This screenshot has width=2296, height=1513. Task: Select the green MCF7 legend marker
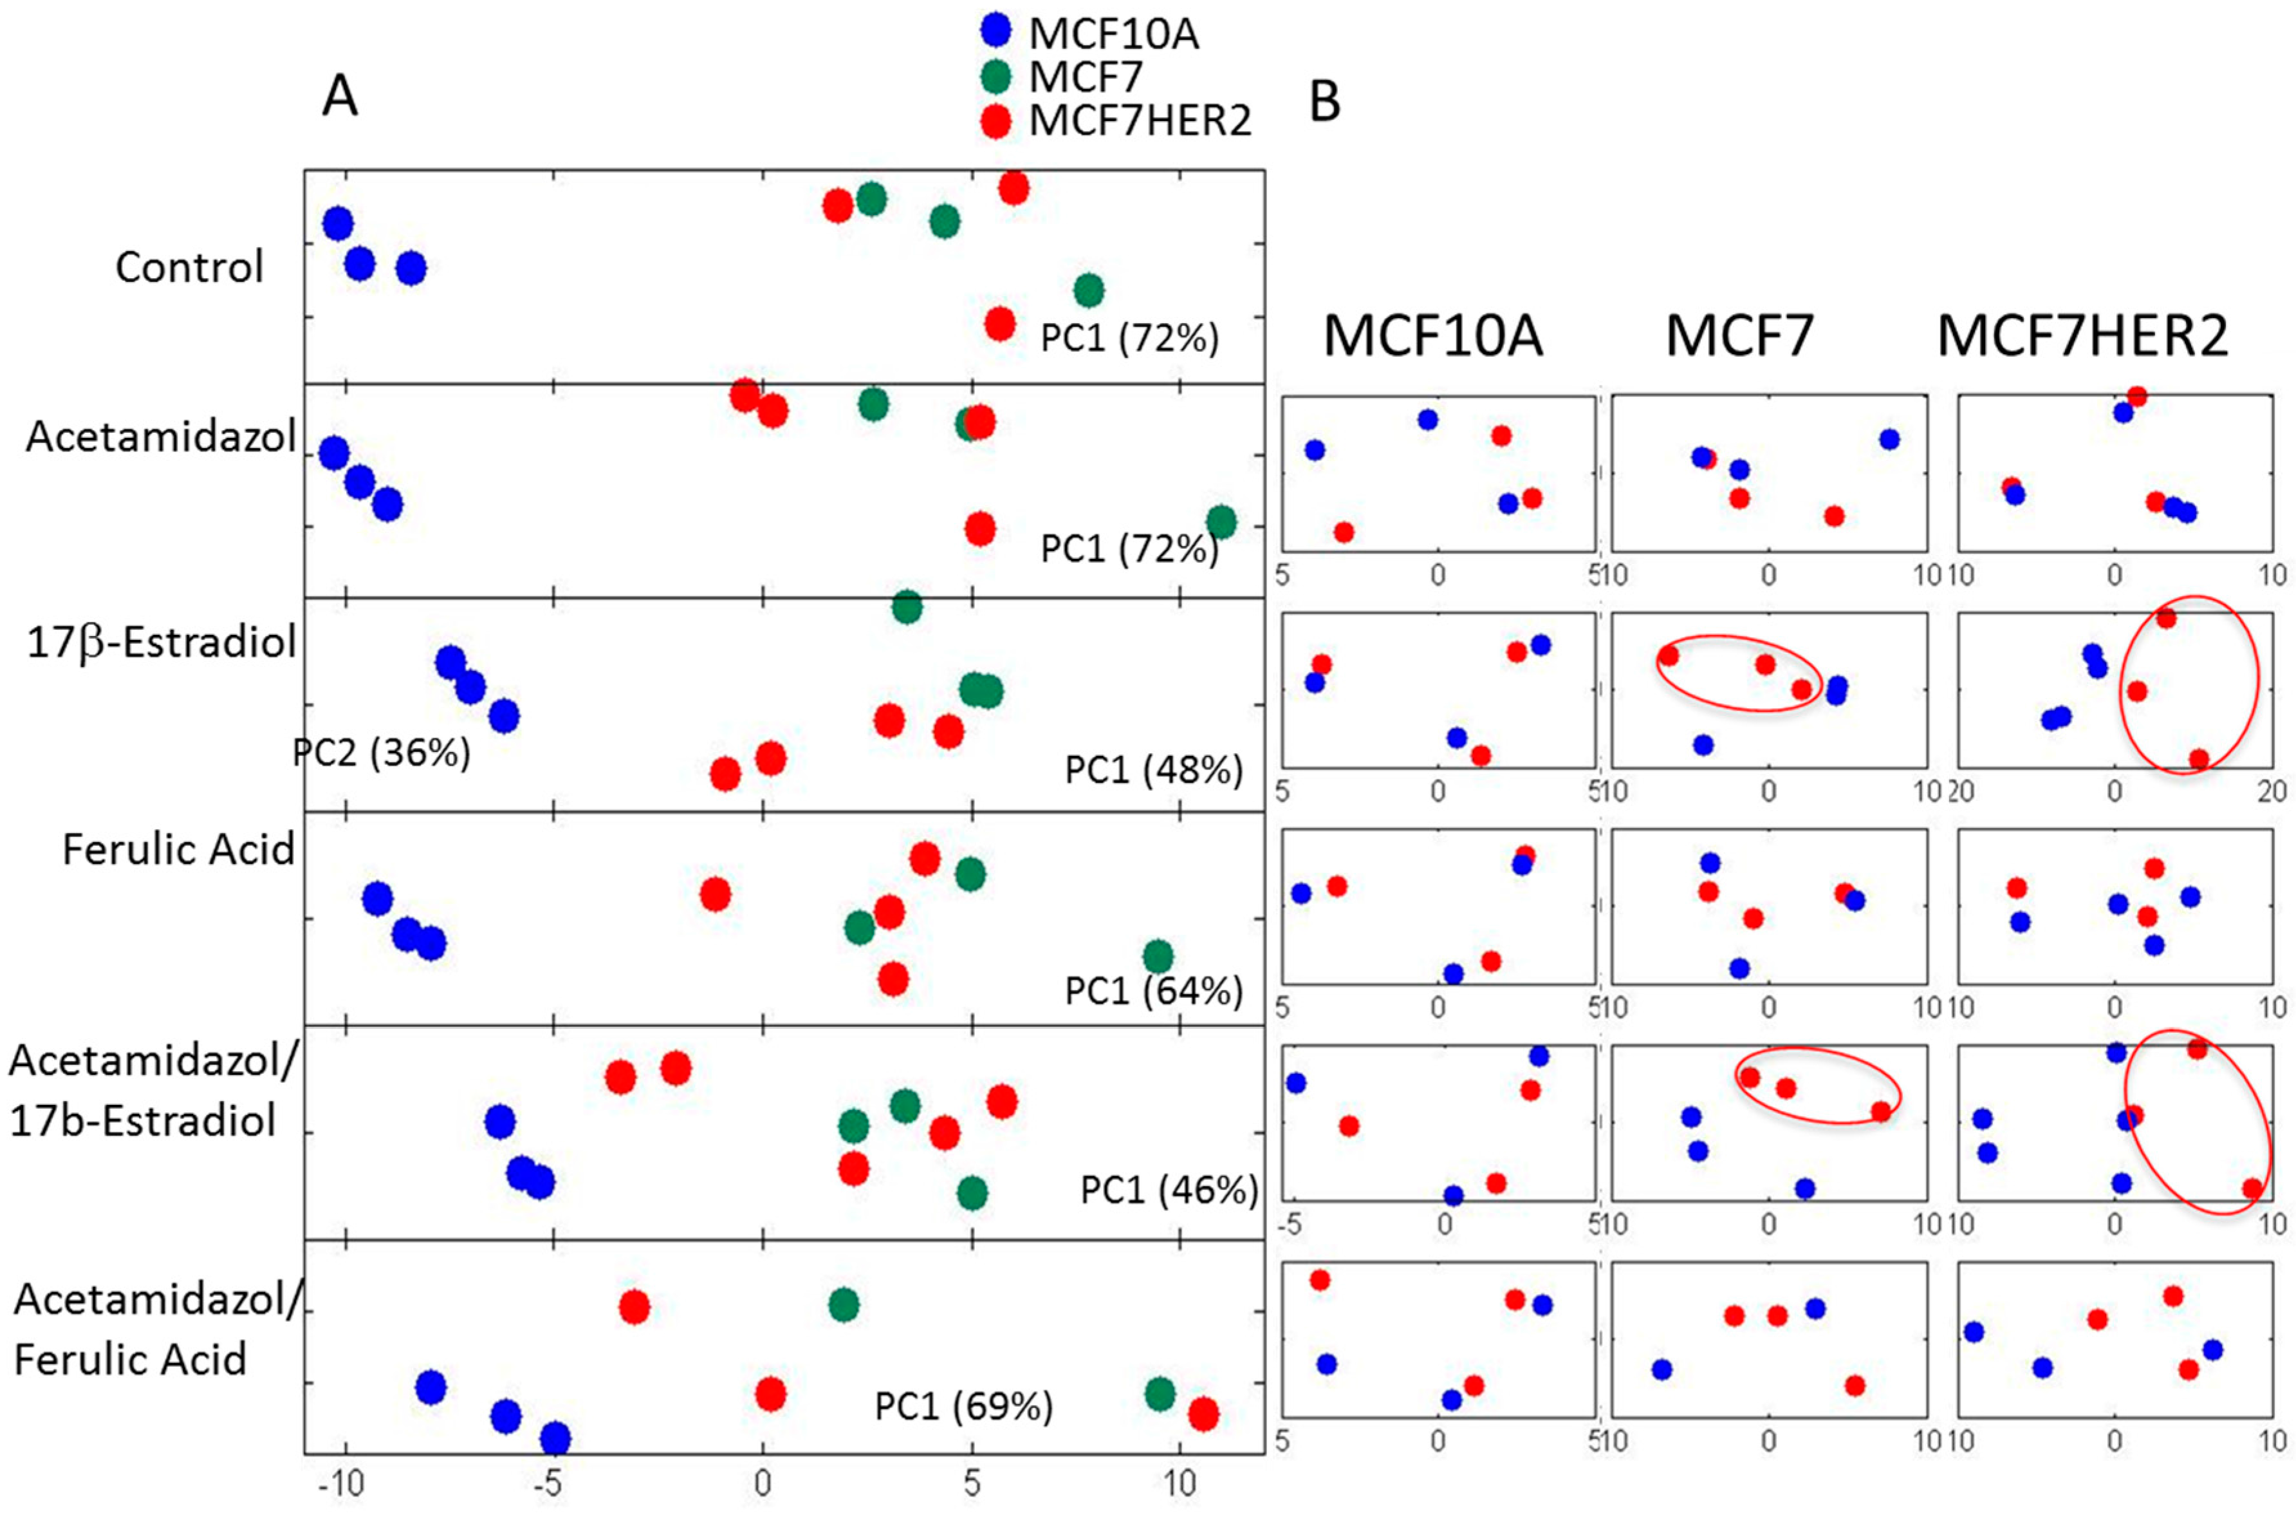coord(995,75)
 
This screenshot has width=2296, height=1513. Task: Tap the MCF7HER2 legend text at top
coord(1140,120)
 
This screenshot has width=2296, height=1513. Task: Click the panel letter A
coord(340,97)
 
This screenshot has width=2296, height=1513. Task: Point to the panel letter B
coord(1324,101)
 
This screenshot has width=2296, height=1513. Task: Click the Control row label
coord(189,267)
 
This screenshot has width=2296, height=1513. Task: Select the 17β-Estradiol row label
coord(161,643)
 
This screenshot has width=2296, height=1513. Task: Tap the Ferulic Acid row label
coord(178,850)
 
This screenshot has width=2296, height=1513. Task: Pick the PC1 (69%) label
coord(963,1406)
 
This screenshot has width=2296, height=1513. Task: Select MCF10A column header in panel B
coord(1432,337)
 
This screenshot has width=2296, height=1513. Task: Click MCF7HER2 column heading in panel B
coord(2082,337)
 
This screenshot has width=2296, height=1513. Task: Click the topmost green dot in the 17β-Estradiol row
coord(906,607)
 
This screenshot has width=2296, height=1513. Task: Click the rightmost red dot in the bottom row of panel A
coord(1202,1414)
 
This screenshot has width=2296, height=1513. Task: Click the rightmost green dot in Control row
coord(1088,290)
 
